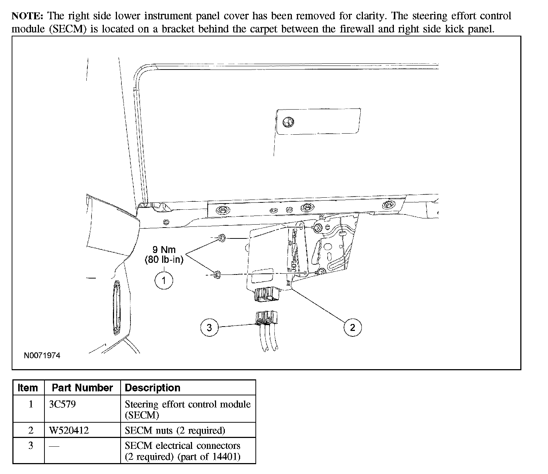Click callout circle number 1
164,280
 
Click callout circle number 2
352,327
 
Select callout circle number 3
209,327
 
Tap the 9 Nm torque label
164,250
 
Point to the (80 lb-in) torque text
164,260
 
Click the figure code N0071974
42,355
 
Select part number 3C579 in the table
62,404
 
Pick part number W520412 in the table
69,431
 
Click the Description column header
153,388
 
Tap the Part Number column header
82,388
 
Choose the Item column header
28,388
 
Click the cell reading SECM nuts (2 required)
175,431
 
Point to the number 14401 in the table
228,457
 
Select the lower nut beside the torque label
217,274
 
